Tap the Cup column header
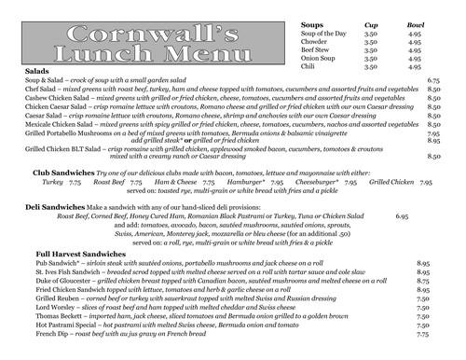tap(368, 25)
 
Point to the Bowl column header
tap(415, 25)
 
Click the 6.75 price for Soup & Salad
tap(432, 81)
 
